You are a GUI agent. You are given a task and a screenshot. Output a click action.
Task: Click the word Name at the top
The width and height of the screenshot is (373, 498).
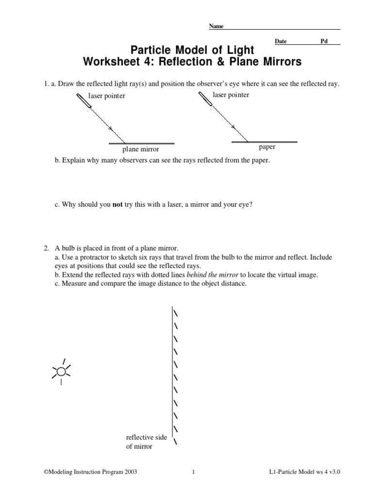coord(216,26)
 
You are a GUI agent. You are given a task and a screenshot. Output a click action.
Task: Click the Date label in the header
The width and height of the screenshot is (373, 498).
coord(281,42)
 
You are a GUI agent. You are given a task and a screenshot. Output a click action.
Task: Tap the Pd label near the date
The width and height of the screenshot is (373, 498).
coord(324,42)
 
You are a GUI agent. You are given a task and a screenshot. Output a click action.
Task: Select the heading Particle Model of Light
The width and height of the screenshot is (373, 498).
coord(192,51)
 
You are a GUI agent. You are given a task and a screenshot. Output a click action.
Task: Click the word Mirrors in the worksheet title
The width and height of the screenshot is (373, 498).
coord(278,62)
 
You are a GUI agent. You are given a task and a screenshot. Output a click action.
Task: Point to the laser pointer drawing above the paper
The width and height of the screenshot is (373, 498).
coord(205,99)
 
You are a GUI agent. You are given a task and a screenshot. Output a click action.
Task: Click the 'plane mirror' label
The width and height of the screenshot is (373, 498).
coord(140,149)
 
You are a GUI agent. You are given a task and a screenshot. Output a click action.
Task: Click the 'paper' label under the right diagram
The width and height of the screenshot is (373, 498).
coord(267,147)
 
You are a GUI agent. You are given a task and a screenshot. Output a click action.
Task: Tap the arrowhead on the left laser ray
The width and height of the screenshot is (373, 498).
coord(111,129)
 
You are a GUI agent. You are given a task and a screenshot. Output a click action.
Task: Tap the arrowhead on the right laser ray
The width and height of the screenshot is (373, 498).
coord(234,127)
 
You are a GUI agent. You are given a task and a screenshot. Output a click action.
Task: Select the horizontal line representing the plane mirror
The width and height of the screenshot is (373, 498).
coord(141,143)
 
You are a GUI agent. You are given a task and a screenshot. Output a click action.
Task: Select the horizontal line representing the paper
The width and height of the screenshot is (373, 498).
coord(264,142)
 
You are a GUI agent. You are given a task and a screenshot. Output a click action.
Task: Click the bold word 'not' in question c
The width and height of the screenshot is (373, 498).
coord(118,205)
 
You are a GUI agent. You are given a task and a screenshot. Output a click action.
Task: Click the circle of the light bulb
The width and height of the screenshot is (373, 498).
coord(61,372)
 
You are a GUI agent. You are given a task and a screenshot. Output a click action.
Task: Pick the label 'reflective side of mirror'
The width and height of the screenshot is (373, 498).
coord(146,442)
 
